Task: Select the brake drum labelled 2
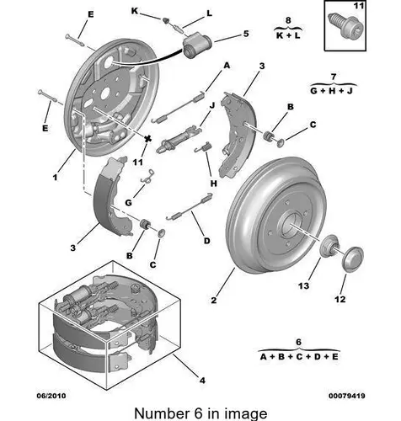pos(276,215)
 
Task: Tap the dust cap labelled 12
pos(353,259)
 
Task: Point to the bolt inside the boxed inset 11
pos(346,26)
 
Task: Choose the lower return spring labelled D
pos(190,206)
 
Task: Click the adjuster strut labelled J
pos(179,139)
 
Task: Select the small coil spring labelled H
pos(203,147)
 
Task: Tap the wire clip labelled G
pos(147,177)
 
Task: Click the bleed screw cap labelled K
pos(167,20)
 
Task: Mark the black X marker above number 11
pos(148,139)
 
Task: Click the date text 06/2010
pos(51,396)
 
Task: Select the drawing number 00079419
pos(347,396)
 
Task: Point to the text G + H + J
pos(331,91)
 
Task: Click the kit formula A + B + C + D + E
pos(299,357)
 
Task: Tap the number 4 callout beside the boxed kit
pos(202,381)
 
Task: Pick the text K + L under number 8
pos(288,35)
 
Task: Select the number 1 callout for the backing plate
pos(55,177)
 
